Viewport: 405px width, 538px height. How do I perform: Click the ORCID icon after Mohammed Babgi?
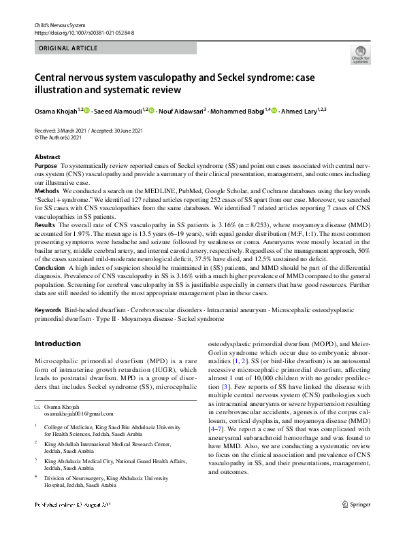point(274,110)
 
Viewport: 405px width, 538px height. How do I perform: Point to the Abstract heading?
point(47,156)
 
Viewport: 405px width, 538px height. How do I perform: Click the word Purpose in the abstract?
point(46,166)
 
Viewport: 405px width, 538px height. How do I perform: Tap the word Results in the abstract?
point(44,224)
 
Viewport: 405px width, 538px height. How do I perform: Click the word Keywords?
point(48,309)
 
